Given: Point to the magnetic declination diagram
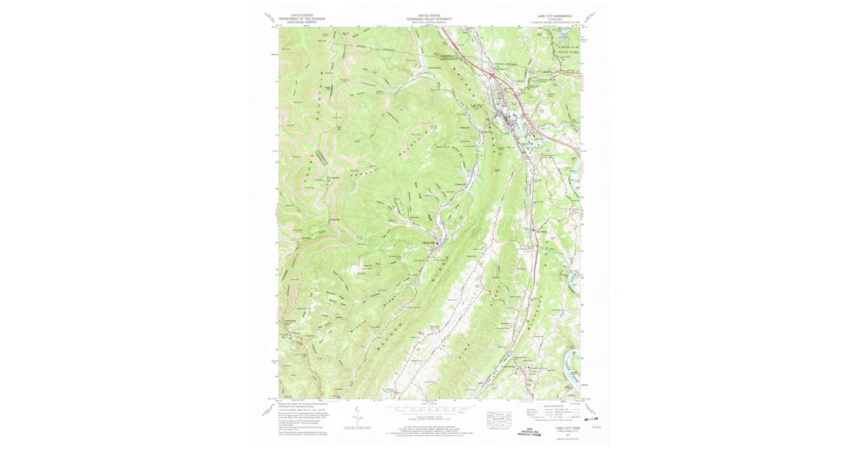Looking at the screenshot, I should (356, 414).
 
